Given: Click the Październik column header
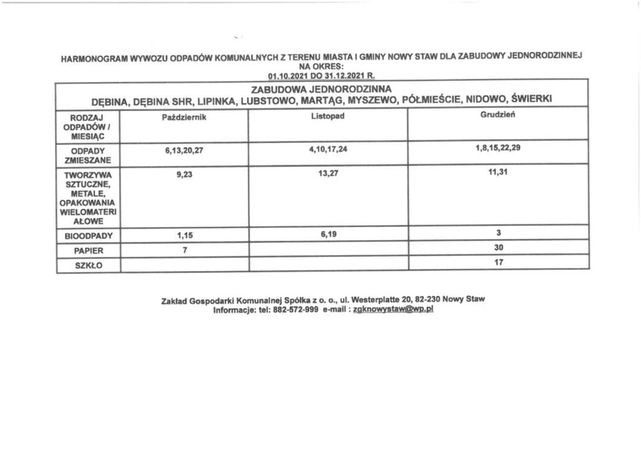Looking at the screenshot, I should point(184,117).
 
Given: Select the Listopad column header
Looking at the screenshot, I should point(328,116).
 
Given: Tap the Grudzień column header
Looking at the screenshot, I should point(498,115).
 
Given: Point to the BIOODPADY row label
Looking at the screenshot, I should point(88,236).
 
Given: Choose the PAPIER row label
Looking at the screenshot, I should point(88,251).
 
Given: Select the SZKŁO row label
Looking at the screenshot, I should point(88,265).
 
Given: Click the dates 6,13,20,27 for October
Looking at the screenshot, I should point(184,150).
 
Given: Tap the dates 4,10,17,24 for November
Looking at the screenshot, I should point(328,149).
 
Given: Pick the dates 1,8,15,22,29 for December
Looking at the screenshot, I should point(498,148).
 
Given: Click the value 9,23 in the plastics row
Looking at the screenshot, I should point(184,174).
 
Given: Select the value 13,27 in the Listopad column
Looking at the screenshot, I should point(328,173).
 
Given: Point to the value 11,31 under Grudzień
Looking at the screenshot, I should point(498,172).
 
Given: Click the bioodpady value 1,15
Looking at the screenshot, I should point(184,235).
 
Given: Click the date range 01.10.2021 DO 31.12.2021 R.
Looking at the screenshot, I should point(321,76).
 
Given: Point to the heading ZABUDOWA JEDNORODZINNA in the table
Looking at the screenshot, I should point(321,89).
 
